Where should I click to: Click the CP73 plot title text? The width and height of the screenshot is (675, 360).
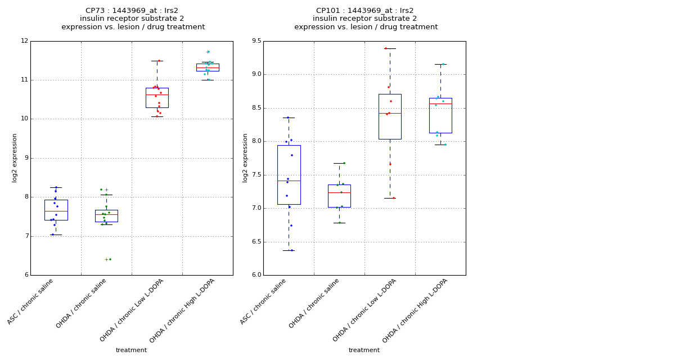tap(133, 19)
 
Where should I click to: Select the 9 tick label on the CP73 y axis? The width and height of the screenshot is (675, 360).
tap(24, 158)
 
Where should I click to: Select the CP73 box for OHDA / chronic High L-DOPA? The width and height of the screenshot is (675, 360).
tap(208, 67)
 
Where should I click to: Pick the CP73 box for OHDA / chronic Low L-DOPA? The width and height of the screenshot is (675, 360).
tap(157, 98)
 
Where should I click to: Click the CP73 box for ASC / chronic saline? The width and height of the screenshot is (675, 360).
tap(56, 210)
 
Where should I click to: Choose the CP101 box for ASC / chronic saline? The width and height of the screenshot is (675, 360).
tap(289, 174)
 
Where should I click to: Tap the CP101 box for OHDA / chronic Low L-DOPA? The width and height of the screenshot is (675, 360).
tap(390, 116)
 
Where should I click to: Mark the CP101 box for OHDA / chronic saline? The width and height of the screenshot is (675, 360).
tap(339, 196)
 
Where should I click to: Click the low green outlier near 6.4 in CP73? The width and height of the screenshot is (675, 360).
tap(110, 259)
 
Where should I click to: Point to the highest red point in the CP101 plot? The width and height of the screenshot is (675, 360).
tap(386, 48)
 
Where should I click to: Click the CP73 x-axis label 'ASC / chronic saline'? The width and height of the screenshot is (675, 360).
tap(31, 301)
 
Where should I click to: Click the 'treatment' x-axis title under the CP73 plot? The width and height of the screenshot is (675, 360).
tap(131, 350)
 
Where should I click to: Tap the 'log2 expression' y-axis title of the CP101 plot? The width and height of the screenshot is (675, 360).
tap(245, 158)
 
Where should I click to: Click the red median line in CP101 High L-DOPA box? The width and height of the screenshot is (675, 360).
tap(440, 103)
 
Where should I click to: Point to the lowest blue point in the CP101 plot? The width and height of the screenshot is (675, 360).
tap(291, 250)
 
